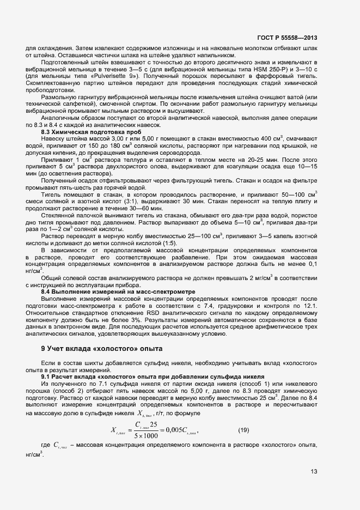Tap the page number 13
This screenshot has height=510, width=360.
[315, 471]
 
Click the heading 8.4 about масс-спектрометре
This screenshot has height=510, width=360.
[118, 292]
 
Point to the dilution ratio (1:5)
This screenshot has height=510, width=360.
[166, 257]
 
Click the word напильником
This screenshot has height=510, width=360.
[215, 54]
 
